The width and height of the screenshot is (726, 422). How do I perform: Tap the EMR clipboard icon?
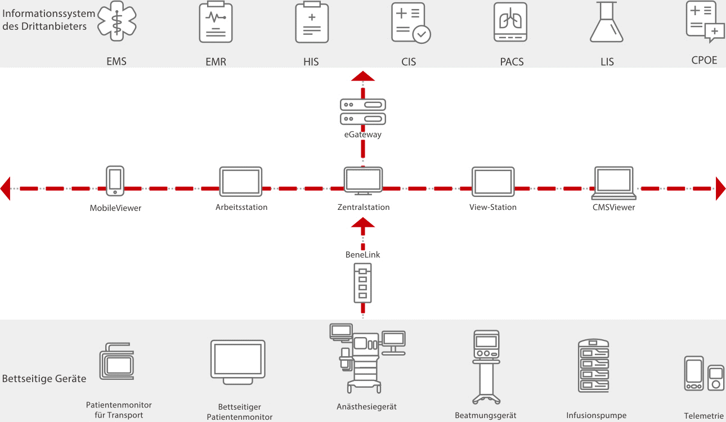click(216, 23)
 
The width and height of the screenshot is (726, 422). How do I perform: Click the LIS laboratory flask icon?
click(607, 23)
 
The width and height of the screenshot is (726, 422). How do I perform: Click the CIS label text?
click(409, 62)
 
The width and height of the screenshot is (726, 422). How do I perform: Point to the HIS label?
click(311, 62)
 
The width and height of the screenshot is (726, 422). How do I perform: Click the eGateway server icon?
click(363, 112)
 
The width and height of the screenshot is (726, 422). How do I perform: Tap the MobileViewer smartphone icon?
click(115, 181)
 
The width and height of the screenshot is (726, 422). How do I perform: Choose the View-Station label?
click(493, 207)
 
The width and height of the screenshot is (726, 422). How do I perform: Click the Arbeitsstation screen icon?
click(241, 181)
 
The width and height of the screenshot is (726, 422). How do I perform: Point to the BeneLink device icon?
click(363, 284)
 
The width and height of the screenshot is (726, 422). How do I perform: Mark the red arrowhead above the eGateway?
click(363, 76)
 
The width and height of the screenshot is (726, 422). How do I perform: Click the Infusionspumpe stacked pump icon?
click(594, 366)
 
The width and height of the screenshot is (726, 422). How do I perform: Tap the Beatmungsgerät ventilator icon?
click(486, 366)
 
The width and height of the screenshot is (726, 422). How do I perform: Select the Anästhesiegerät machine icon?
click(366, 358)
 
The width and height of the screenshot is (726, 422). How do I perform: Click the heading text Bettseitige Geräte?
click(44, 379)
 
